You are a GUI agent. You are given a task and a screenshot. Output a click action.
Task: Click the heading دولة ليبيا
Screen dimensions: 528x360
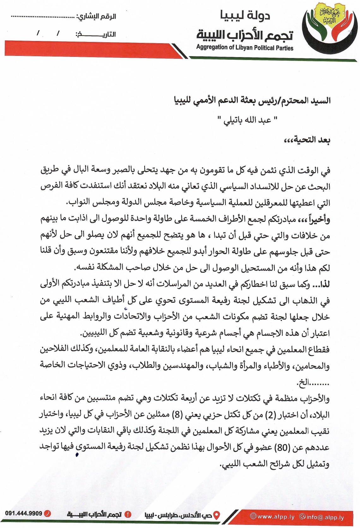(x=245, y=15)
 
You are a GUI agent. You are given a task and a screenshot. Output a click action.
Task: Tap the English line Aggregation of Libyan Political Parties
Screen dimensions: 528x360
(x=245, y=48)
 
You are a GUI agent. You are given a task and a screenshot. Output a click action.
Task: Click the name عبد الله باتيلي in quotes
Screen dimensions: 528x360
(x=248, y=120)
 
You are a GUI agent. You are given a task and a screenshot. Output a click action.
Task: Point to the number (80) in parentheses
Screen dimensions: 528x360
(x=281, y=448)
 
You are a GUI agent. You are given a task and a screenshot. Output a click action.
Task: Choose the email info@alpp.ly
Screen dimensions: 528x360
(x=324, y=517)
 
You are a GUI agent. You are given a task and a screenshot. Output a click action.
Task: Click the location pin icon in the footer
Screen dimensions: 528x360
(x=217, y=516)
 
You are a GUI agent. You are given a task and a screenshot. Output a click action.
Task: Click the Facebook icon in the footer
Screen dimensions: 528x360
(x=128, y=514)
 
